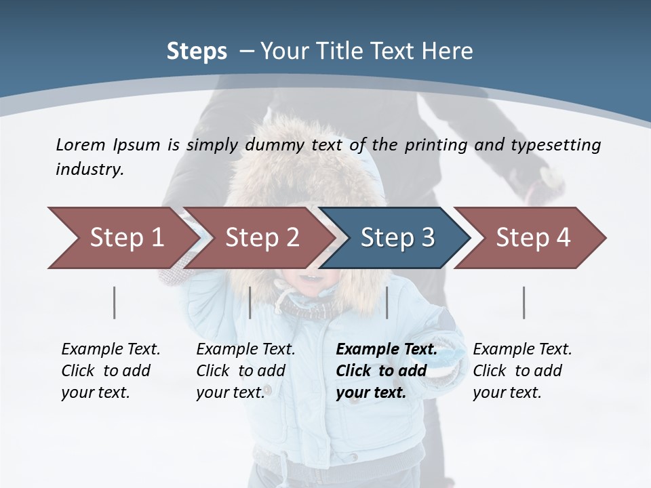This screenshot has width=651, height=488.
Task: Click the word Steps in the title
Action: coord(197,52)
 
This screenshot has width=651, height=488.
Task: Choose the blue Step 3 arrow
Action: coord(397,238)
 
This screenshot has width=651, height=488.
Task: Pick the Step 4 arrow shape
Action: coord(533,238)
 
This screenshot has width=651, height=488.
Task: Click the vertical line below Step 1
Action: coord(115,302)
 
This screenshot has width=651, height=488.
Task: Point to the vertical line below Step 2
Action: coord(250,302)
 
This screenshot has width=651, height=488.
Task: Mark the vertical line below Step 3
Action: coord(387,302)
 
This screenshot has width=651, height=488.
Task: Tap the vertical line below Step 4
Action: coord(524,302)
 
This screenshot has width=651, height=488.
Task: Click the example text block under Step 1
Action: coord(111,371)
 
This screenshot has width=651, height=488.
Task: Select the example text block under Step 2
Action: coord(245,371)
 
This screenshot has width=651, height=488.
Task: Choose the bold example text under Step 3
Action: coord(387,371)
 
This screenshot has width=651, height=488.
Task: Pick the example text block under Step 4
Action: coord(522,371)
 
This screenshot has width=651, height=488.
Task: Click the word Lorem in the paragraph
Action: coord(80,144)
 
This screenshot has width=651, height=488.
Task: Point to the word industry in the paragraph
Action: coord(90,169)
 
